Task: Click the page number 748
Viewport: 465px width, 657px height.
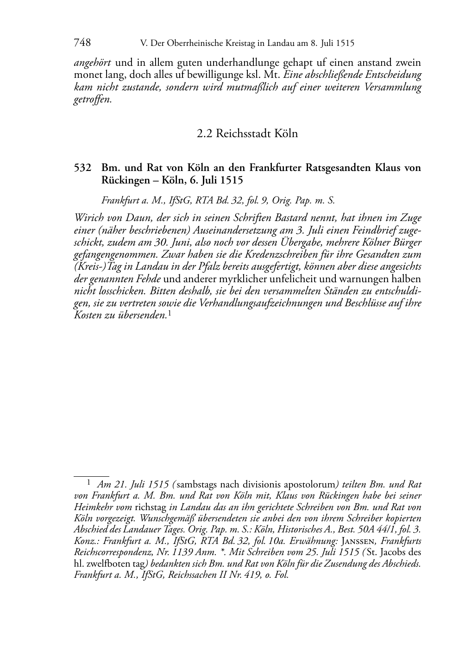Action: coord(82,43)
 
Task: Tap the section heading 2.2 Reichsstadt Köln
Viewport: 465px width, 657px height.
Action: coord(247,134)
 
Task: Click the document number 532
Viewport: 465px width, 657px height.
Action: coord(82,168)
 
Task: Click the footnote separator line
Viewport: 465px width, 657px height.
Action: coord(91,476)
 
